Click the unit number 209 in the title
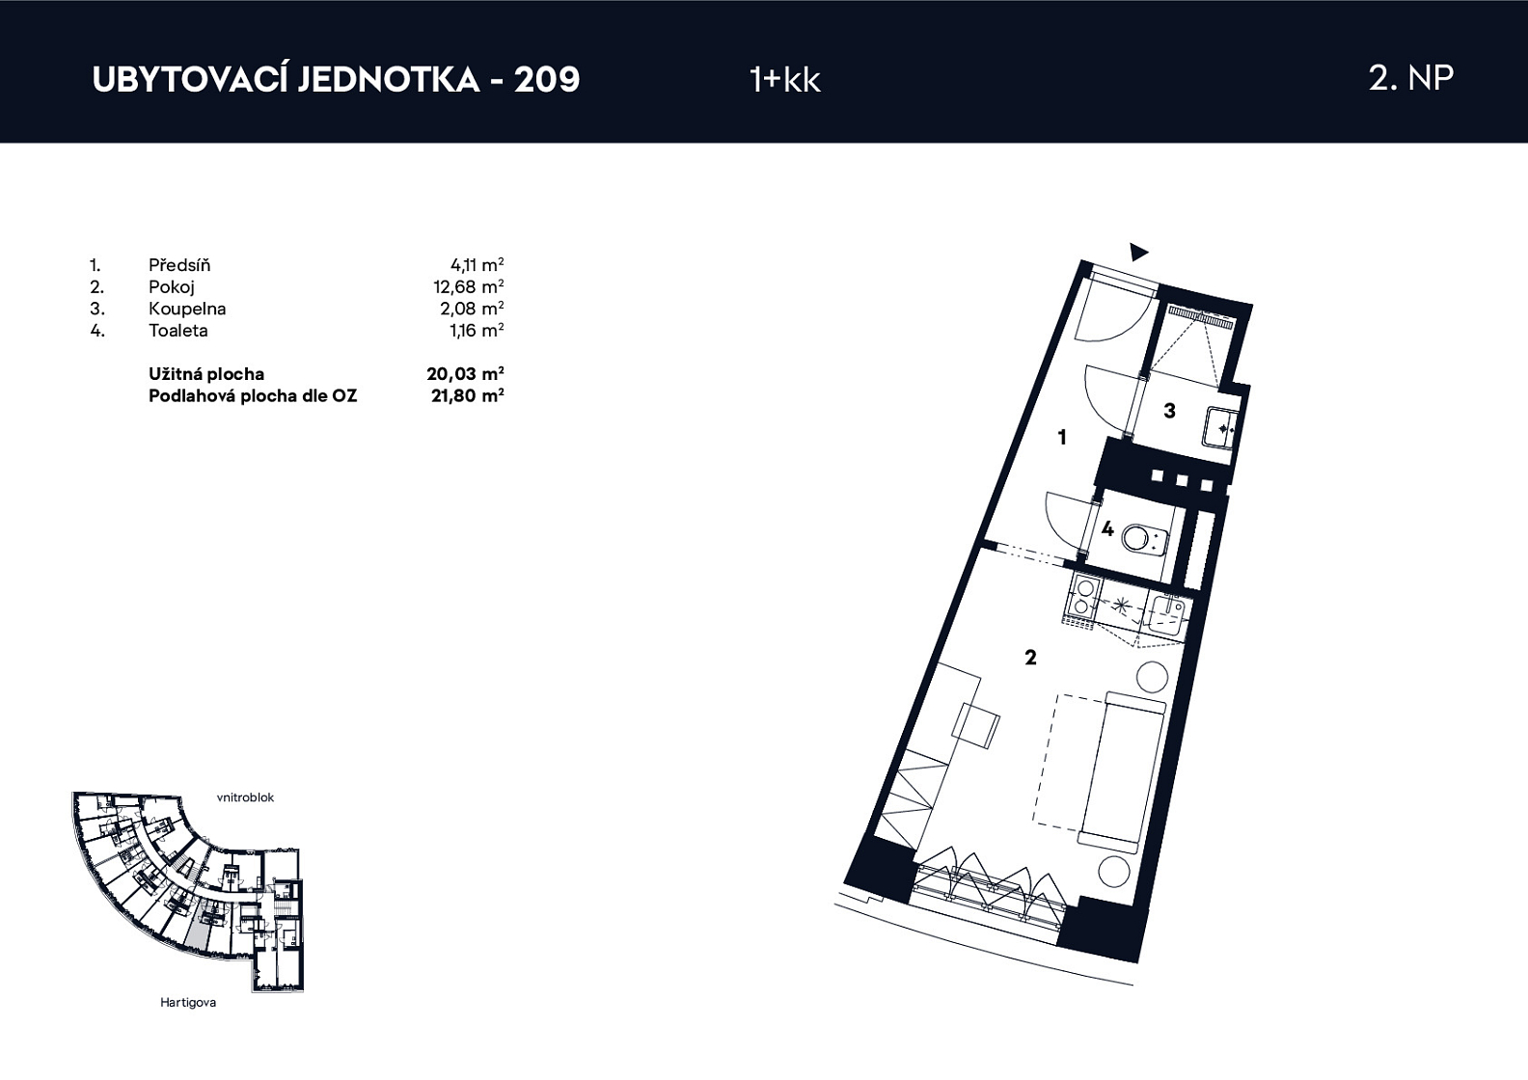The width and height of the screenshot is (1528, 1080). click(x=547, y=80)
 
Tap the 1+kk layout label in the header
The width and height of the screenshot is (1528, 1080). click(x=785, y=80)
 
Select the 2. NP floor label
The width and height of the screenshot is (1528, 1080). click(x=1410, y=78)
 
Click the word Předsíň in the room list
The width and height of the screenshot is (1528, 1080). click(x=179, y=264)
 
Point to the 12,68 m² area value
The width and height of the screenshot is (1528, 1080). click(x=469, y=286)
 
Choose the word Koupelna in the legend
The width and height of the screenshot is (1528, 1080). click(x=187, y=309)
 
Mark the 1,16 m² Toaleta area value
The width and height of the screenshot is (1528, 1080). click(x=472, y=330)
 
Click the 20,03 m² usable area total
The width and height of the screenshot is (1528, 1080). click(x=465, y=373)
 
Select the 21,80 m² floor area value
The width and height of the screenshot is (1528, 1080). click(x=467, y=395)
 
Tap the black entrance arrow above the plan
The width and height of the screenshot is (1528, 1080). click(x=1138, y=253)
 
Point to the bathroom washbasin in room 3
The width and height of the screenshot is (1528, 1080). click(x=1219, y=428)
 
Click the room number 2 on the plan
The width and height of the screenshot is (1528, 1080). click(x=1030, y=658)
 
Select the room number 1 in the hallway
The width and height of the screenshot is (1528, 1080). click(x=1061, y=437)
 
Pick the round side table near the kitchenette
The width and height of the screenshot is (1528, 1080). click(x=1152, y=677)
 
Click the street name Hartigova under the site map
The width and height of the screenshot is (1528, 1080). click(x=188, y=1002)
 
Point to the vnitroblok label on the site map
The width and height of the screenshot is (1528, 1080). click(x=246, y=797)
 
